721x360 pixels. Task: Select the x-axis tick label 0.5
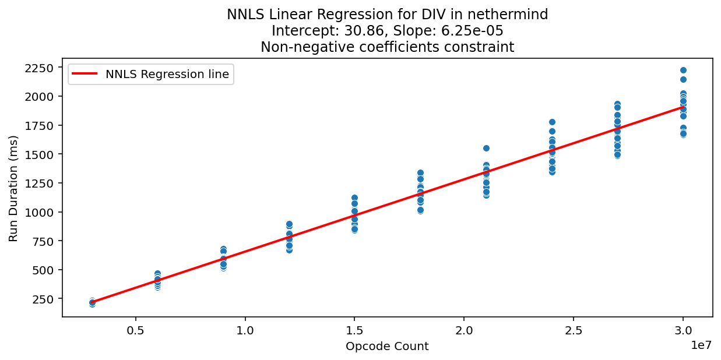click(136, 329)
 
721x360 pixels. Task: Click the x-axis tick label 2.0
click(464, 329)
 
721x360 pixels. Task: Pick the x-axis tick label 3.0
click(683, 329)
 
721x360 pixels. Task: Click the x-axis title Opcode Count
click(387, 347)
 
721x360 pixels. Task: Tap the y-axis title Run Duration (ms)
click(13, 188)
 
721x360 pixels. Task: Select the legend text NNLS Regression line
click(167, 74)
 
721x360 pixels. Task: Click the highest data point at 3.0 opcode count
click(683, 70)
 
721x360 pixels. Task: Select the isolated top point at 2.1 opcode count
click(486, 148)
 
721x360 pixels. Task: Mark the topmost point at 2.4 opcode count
click(552, 122)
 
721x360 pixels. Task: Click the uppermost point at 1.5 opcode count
click(354, 197)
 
